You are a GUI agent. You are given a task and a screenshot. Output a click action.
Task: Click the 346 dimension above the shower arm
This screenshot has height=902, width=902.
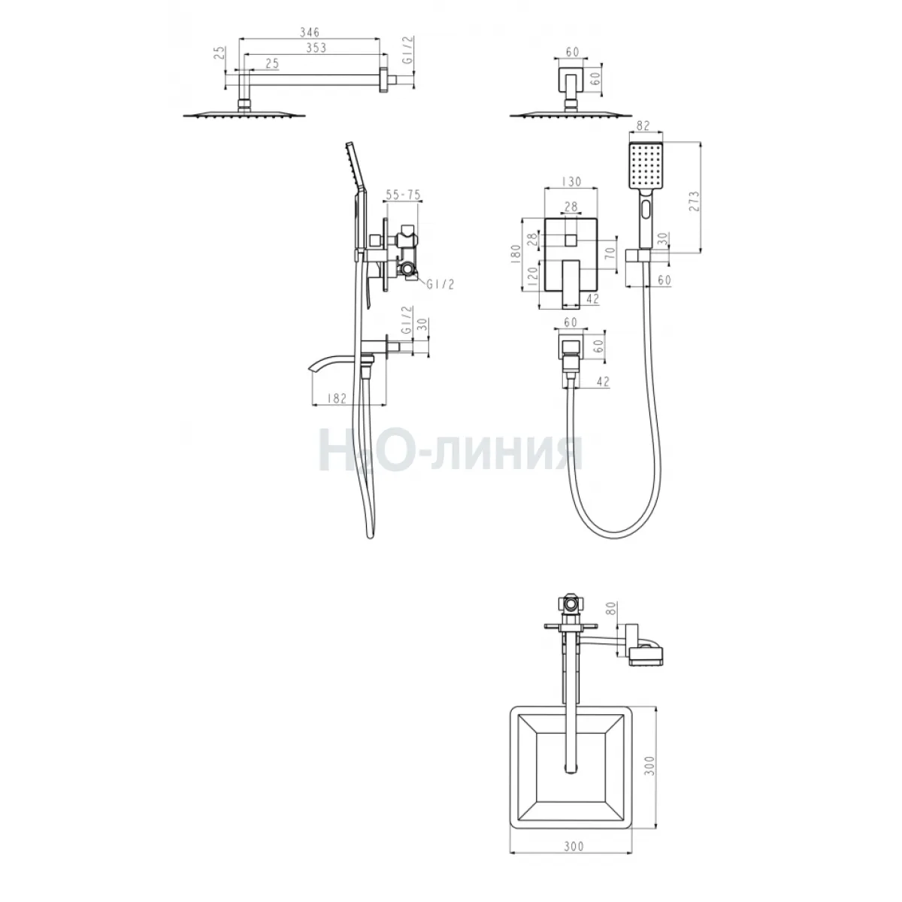(310, 32)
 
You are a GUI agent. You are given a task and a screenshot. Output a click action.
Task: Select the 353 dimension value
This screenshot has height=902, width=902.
(316, 48)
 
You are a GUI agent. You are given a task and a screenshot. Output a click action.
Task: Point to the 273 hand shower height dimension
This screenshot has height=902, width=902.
(694, 201)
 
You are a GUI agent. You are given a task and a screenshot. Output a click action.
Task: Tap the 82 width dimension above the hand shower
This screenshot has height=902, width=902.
(644, 126)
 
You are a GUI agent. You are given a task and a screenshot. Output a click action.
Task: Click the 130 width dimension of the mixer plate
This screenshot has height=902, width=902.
(571, 181)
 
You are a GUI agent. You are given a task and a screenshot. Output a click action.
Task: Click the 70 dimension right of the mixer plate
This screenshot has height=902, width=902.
(610, 253)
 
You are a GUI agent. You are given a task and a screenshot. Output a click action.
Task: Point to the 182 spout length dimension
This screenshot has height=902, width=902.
(337, 398)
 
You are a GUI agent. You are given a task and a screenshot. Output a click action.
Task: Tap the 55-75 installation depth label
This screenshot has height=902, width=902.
(403, 195)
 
